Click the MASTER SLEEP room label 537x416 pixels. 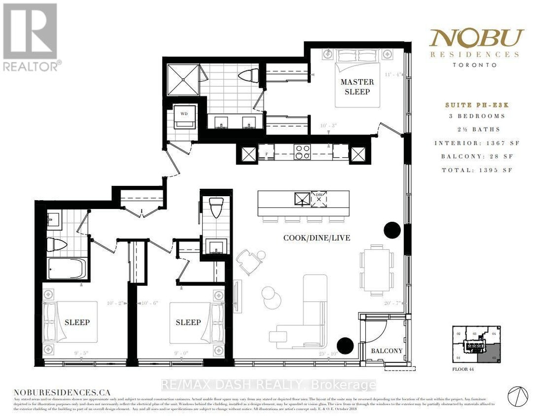(x=357, y=86)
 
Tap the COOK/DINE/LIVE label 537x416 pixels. (x=317, y=238)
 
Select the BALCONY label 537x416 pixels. (x=387, y=351)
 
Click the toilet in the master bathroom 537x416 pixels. (x=248, y=76)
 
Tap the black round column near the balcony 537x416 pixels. (x=345, y=346)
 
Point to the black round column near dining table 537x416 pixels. (x=393, y=229)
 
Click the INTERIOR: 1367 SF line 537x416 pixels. (x=472, y=143)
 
